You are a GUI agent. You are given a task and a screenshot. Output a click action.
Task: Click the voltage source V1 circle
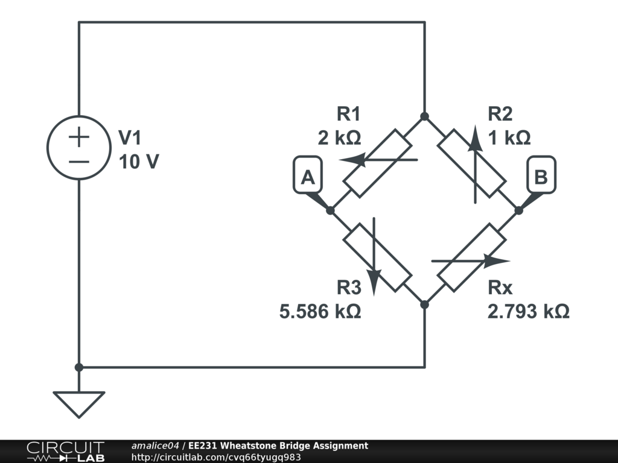[x=78, y=148]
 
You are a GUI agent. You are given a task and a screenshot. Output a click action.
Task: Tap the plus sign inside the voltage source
[x=78, y=137]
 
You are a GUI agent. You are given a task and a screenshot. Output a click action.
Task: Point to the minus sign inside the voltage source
[x=78, y=161]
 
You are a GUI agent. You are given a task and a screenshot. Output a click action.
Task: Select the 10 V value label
[x=139, y=162]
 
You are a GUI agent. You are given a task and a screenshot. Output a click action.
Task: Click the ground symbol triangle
[x=78, y=403]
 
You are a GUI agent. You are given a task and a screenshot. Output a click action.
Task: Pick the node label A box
[x=307, y=177]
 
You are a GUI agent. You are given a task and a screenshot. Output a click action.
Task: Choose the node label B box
[x=541, y=177]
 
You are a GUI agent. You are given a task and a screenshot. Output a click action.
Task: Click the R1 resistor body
[x=377, y=163]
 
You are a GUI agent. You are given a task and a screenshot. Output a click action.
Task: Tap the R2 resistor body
[x=471, y=163]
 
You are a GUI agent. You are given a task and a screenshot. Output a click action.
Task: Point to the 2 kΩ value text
[x=340, y=138]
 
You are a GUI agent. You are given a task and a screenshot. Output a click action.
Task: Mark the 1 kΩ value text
[x=509, y=138]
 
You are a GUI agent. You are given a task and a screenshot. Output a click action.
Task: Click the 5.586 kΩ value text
[x=320, y=312]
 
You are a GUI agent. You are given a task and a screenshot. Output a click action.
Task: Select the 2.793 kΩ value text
[x=528, y=312]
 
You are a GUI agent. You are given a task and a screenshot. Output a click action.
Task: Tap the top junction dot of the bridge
[x=424, y=116]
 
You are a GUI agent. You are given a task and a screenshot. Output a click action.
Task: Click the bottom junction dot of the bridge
[x=424, y=304]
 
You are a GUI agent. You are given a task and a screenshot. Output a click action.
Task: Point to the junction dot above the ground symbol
[x=78, y=367]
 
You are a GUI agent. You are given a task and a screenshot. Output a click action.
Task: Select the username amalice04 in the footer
[x=155, y=446]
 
